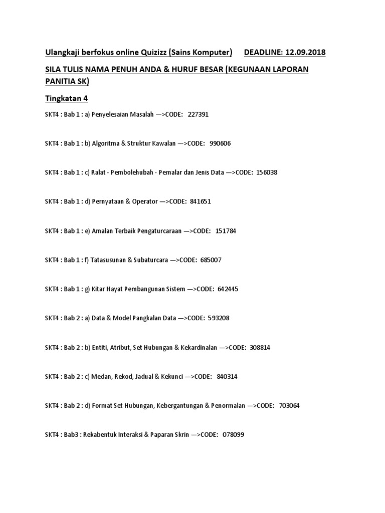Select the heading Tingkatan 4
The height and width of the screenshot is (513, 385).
tap(67, 99)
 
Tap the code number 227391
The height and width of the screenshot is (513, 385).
tap(198, 115)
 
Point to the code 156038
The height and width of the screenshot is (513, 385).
tap(267, 172)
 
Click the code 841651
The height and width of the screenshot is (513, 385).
tap(201, 201)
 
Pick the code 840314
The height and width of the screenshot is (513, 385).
tap(227, 376)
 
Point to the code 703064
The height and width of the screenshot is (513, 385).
tap(289, 406)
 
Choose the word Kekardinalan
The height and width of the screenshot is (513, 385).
tap(199, 347)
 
